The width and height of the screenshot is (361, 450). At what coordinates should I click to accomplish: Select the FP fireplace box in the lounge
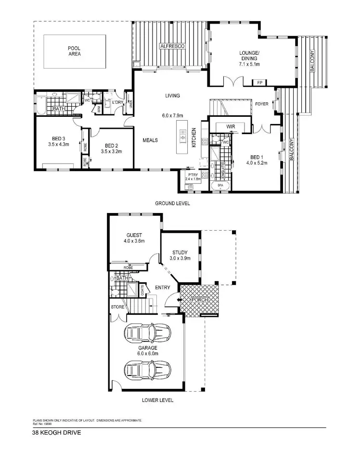[260, 82]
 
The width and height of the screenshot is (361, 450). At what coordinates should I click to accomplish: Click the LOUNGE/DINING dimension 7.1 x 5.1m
[249, 63]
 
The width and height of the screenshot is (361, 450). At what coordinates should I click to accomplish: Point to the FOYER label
[261, 103]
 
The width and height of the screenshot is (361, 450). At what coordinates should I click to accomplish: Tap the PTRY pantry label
[193, 175]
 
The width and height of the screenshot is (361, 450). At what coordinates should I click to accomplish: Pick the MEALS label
[151, 140]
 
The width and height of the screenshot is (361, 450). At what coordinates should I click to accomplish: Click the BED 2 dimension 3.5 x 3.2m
[111, 151]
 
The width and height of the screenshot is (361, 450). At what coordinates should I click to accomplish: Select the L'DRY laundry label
[118, 103]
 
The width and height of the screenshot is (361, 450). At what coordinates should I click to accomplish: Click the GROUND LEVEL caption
[172, 203]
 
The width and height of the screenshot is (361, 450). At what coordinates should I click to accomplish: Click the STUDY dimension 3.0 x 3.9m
[180, 258]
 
